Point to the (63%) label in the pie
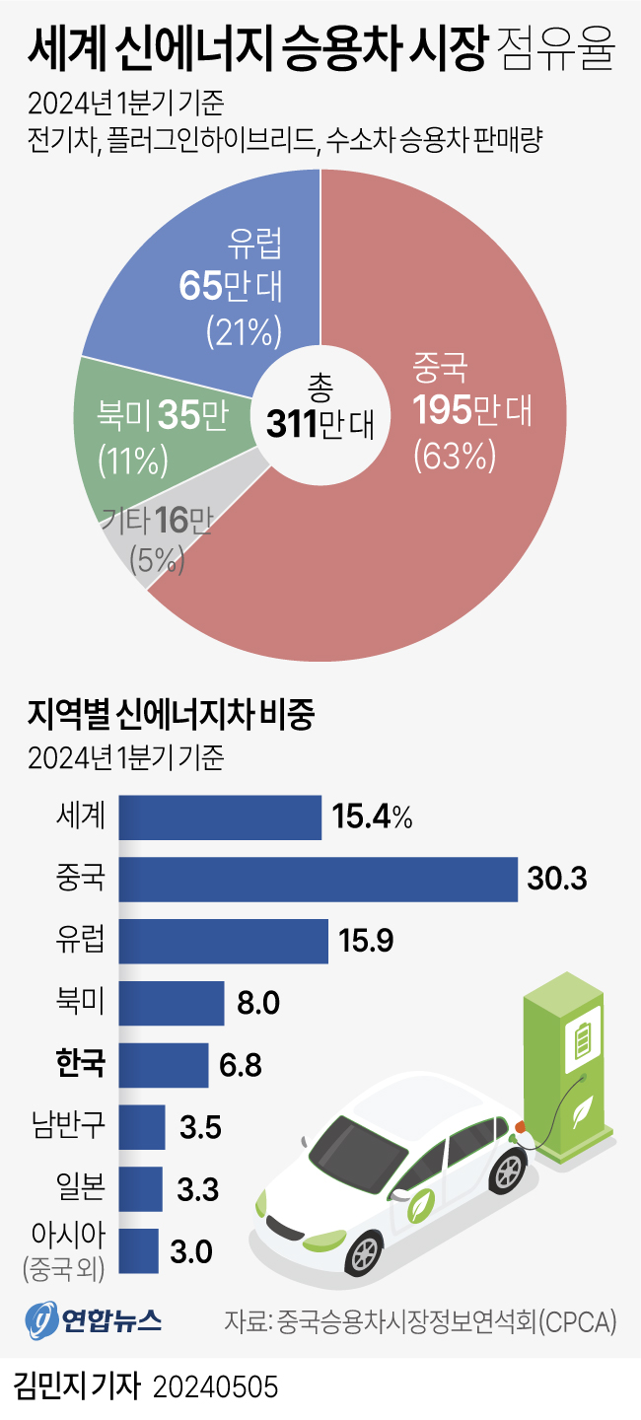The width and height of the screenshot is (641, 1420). click(x=454, y=456)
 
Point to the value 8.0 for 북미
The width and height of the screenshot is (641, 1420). click(x=259, y=1003)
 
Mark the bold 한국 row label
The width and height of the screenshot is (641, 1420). click(x=81, y=1064)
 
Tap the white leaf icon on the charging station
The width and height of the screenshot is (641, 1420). click(x=583, y=1105)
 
